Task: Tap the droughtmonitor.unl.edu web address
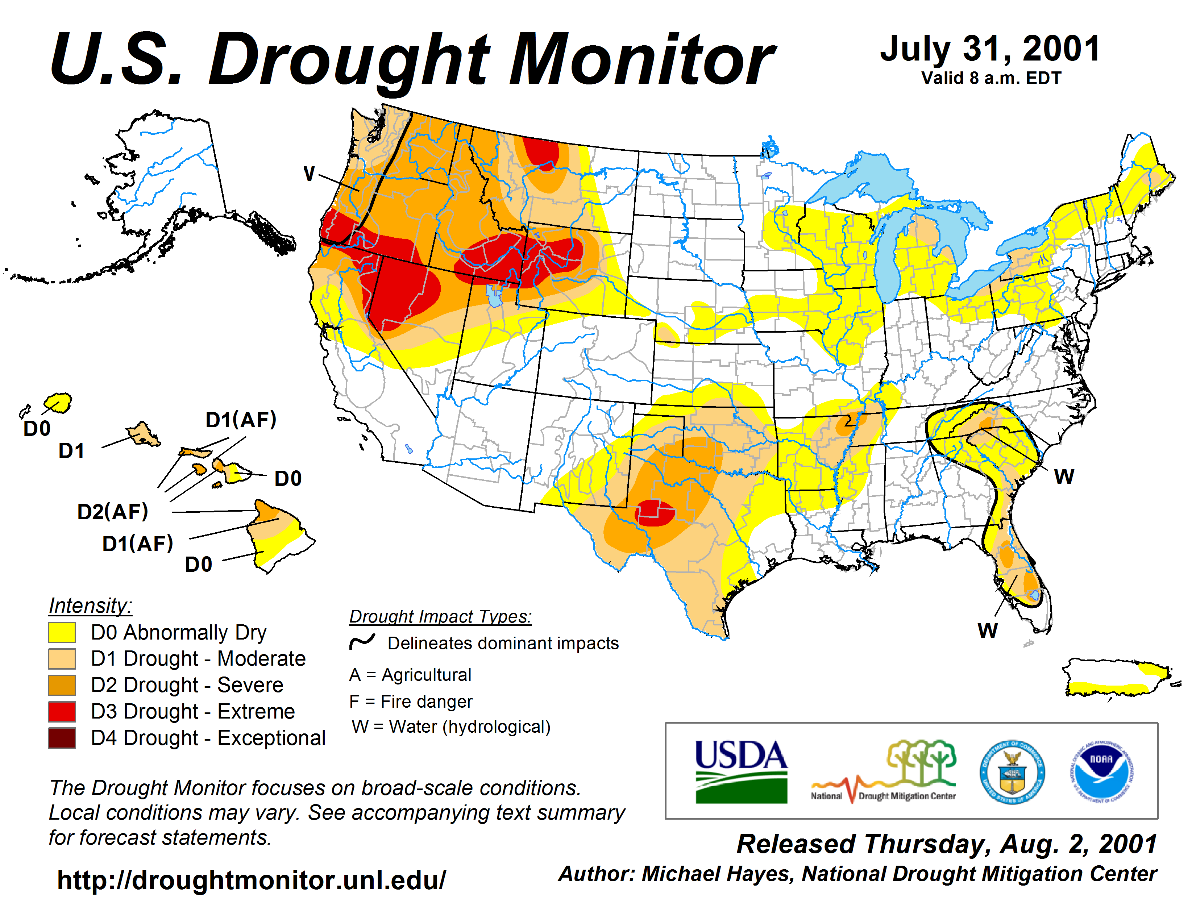252,880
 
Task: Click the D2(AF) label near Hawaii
113,512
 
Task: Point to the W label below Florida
987,630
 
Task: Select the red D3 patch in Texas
655,513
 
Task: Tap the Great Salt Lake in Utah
494,296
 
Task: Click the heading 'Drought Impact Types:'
440,617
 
